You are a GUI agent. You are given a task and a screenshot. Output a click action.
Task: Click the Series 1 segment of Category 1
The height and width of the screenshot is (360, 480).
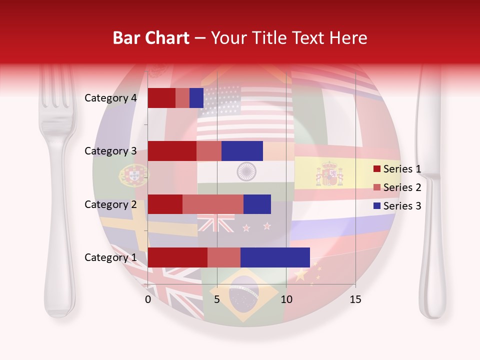(177, 257)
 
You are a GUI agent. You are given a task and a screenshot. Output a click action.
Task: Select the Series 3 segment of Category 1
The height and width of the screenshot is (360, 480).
(275, 257)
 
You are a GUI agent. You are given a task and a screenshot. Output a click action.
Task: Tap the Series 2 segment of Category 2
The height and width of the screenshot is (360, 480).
(213, 204)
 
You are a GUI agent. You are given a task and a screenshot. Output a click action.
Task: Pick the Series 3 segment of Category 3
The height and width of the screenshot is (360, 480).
(242, 151)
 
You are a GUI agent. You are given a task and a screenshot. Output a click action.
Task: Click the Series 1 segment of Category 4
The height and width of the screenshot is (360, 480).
(161, 98)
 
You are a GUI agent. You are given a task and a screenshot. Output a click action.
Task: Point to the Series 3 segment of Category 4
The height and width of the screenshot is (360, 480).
(196, 98)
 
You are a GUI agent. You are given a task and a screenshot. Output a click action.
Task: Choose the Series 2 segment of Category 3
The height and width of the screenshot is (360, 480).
(209, 151)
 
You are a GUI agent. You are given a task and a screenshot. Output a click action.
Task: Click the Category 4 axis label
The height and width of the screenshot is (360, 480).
(110, 98)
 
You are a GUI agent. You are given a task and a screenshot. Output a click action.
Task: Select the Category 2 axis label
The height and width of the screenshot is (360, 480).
(110, 204)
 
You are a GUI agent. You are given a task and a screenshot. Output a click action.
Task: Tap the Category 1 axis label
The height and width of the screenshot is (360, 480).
(110, 257)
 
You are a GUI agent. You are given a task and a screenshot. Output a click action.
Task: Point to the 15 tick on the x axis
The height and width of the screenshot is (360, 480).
(355, 299)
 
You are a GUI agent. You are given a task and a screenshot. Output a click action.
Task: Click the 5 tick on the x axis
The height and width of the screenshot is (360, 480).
(217, 299)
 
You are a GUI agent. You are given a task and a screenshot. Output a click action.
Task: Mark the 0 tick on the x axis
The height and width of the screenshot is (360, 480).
(148, 299)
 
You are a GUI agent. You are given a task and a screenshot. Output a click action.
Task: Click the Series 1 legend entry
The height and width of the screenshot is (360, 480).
(397, 169)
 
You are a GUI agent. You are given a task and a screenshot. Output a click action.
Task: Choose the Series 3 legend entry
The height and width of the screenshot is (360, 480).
(397, 206)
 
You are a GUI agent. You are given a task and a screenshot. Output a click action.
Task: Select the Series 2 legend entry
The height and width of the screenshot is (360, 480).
(397, 187)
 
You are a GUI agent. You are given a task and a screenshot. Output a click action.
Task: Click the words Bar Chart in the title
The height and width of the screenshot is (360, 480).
(151, 38)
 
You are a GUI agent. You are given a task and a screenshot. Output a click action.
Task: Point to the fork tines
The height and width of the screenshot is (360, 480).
(56, 87)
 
